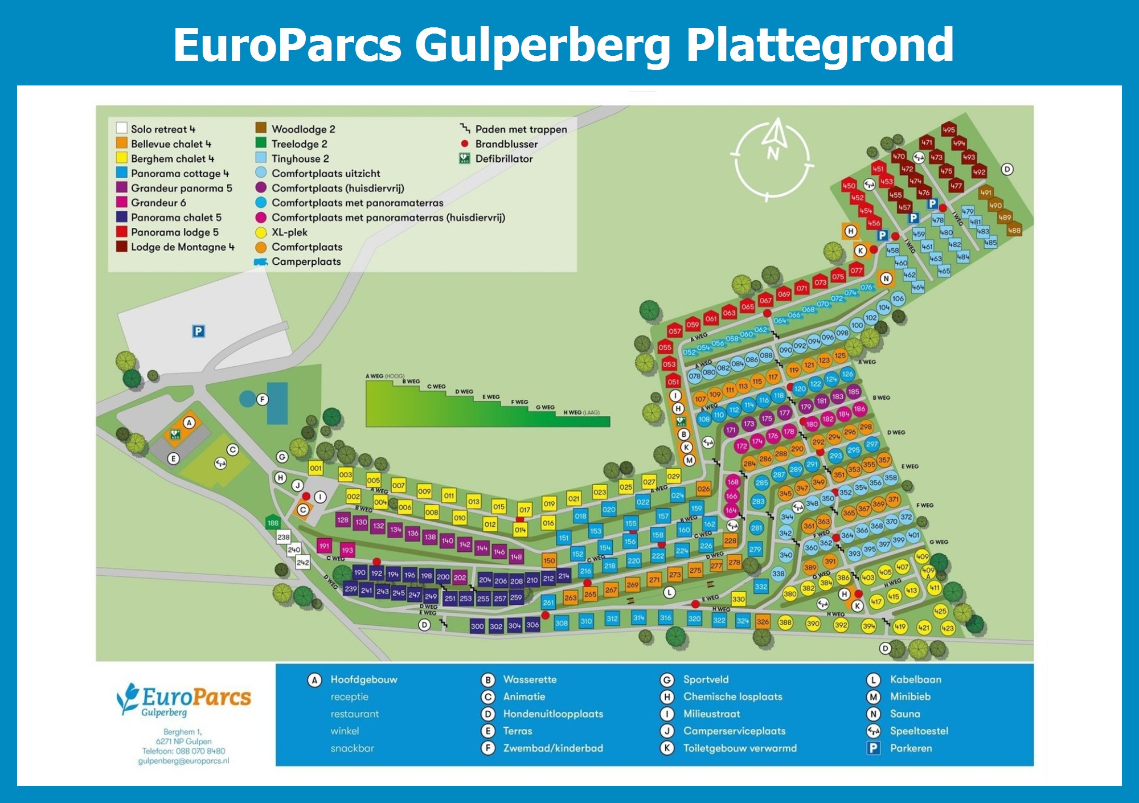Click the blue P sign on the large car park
[198, 331]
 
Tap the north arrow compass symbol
[773, 159]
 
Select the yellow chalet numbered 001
[316, 468]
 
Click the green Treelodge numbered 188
[273, 522]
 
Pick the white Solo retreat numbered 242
[303, 562]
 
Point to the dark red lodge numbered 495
[948, 129]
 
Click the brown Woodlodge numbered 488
[1014, 230]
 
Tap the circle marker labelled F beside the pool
[262, 399]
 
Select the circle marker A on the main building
[189, 423]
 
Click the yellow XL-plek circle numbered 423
[948, 628]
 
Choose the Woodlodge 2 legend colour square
[261, 128]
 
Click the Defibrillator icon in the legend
[465, 158]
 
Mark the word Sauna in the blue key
[905, 714]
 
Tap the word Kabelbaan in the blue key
[915, 679]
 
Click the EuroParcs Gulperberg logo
[184, 699]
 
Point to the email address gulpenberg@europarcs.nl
[183, 761]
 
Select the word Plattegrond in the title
[820, 45]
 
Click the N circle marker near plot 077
[886, 278]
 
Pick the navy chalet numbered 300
[477, 626]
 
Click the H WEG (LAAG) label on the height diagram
[581, 412]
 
